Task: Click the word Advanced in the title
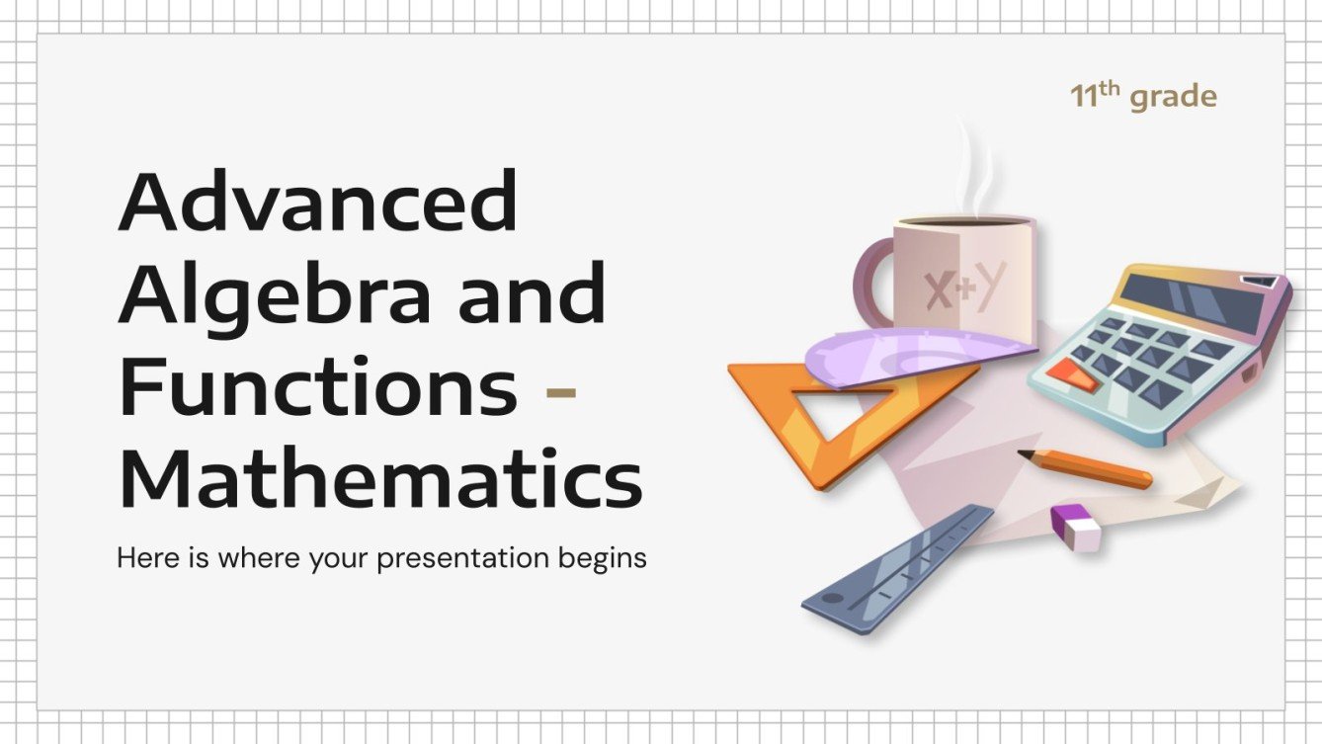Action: [x=317, y=203]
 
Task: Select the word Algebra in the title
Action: [x=274, y=296]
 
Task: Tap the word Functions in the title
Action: [x=317, y=388]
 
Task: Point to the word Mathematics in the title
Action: [x=379, y=479]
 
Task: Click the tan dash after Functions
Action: [x=561, y=392]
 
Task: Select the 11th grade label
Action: [x=1143, y=97]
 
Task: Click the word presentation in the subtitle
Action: [x=461, y=558]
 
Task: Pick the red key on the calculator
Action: [x=1071, y=372]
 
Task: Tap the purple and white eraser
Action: [x=1076, y=527]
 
